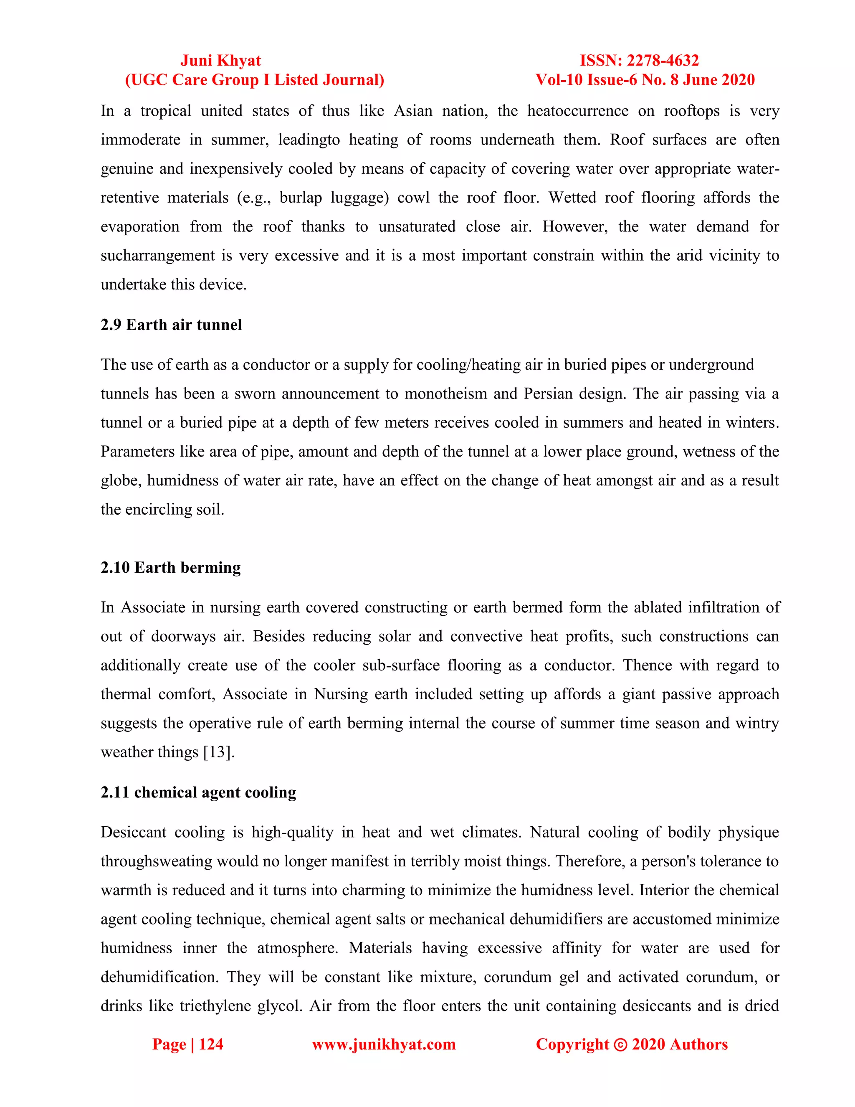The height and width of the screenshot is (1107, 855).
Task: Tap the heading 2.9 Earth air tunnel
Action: click(x=171, y=325)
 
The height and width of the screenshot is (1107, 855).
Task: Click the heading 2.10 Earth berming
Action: click(x=171, y=567)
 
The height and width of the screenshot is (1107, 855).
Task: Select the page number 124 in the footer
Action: click(x=211, y=1044)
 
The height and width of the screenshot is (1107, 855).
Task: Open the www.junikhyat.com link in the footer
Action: click(x=383, y=1044)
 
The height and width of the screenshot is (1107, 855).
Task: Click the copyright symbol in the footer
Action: click(x=620, y=1045)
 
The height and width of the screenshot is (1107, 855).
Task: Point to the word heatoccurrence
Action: click(x=577, y=111)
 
